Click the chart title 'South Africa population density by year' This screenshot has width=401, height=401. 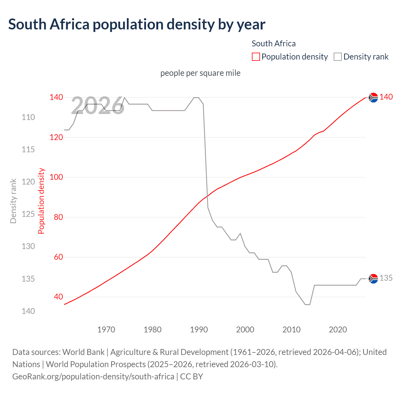(137, 24)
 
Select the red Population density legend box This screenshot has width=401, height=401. (256, 57)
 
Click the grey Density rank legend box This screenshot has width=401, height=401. (337, 57)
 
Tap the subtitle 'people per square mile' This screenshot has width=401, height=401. (200, 73)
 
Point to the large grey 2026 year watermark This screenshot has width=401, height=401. (98, 106)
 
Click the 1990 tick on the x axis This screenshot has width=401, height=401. (199, 330)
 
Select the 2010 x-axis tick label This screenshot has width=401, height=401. (291, 330)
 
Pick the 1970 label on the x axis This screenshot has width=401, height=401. (106, 330)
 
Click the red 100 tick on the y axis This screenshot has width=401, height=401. (56, 177)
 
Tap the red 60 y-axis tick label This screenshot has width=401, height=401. (58, 257)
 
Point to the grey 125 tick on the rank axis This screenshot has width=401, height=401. (28, 214)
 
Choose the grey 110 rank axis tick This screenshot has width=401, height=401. (28, 117)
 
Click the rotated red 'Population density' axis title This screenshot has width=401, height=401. (41, 201)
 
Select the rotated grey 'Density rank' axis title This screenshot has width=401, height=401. (13, 201)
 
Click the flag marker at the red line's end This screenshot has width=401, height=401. (373, 98)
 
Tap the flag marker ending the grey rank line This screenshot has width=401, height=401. (373, 279)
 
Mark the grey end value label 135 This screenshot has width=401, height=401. (386, 278)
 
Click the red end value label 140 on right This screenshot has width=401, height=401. (386, 97)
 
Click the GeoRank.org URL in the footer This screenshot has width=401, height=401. (93, 377)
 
